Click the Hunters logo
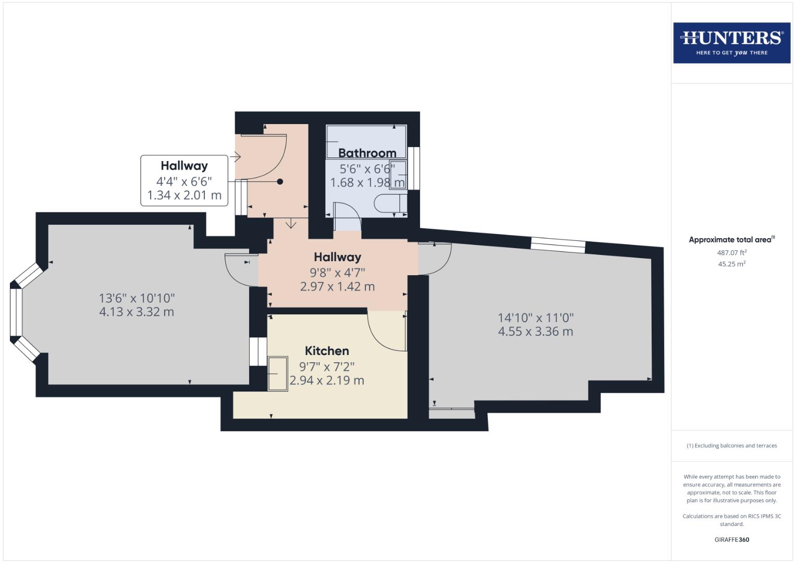[x=731, y=43]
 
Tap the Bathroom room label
[x=367, y=153]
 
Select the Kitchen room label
[x=327, y=351]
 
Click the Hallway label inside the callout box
[x=184, y=166]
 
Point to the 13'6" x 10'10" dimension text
[x=137, y=298]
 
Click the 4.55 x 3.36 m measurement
[x=535, y=332]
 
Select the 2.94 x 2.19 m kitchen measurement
[x=327, y=381]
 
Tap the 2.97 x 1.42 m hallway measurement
[x=337, y=286]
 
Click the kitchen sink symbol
[x=277, y=374]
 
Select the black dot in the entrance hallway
[x=280, y=181]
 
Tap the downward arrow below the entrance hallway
[x=291, y=224]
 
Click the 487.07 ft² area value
[x=731, y=253]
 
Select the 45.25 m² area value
[x=731, y=264]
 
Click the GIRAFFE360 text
[x=731, y=540]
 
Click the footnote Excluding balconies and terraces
[x=731, y=446]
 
